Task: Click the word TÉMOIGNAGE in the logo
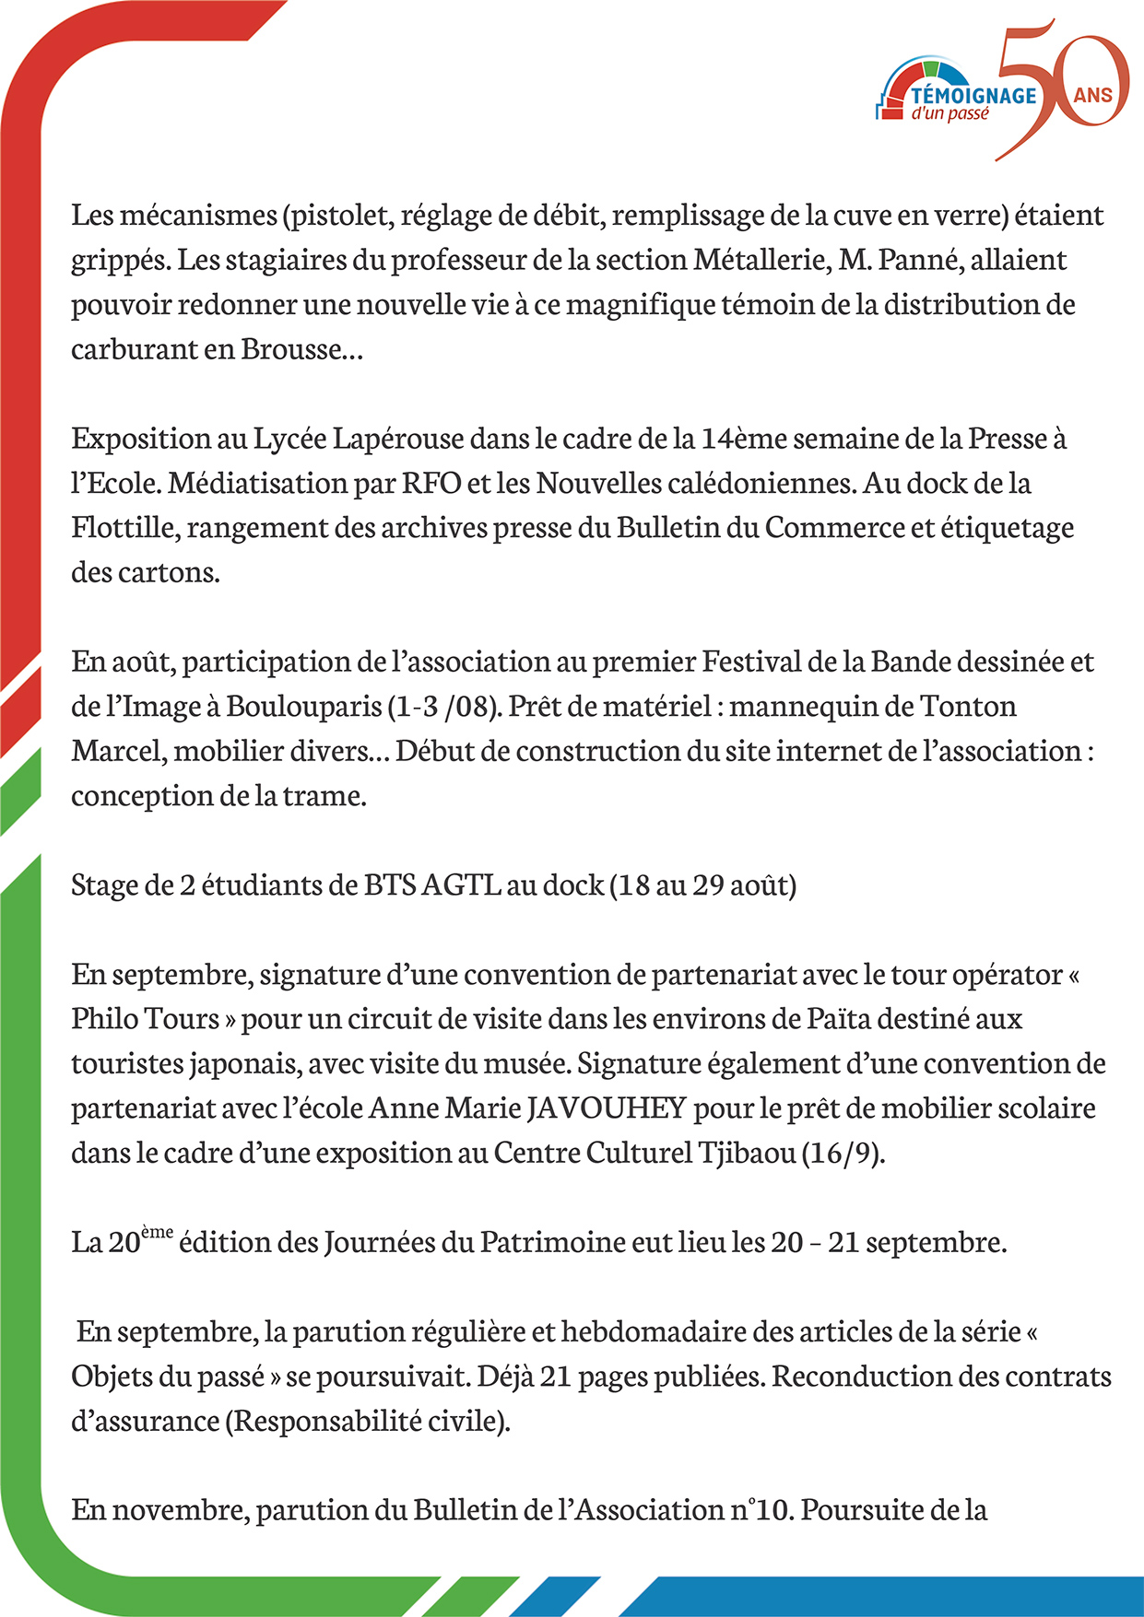pyautogui.click(x=973, y=95)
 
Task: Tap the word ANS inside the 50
pyautogui.click(x=1092, y=95)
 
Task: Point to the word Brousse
pyautogui.click(x=291, y=349)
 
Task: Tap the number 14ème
pyautogui.click(x=743, y=439)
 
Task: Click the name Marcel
pyautogui.click(x=119, y=751)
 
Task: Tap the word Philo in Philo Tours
pyautogui.click(x=103, y=1019)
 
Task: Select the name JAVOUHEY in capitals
pyautogui.click(x=607, y=1107)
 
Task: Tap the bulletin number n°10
pyautogui.click(x=761, y=1510)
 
